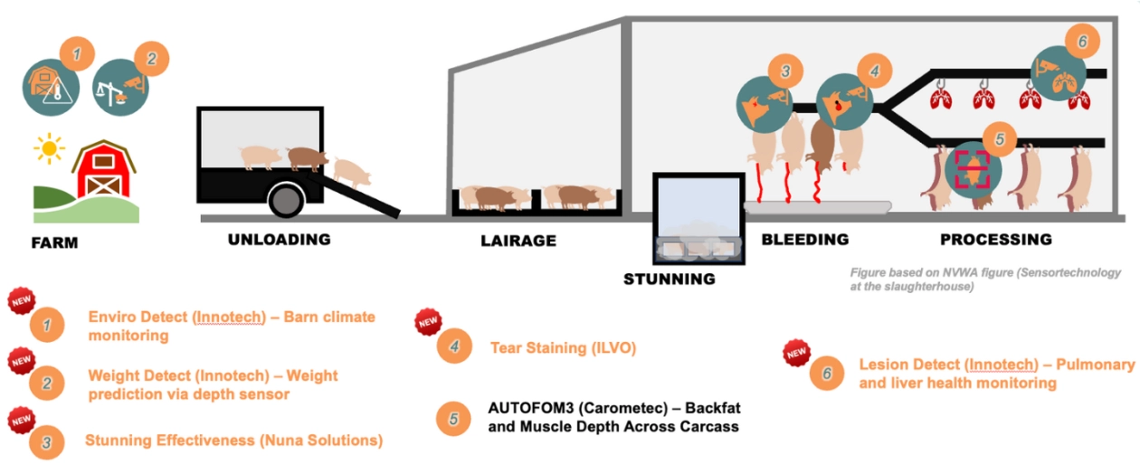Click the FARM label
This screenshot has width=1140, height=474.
coord(54,242)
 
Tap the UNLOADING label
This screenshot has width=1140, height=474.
coord(279,240)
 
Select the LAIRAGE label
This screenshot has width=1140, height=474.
coord(518,241)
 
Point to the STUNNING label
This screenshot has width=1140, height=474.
coord(670,280)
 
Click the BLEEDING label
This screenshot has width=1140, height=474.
coord(805,240)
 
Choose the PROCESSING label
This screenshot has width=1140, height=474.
coord(996,240)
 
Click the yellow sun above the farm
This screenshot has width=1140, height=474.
coord(50,148)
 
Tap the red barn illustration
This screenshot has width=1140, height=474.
coord(104,169)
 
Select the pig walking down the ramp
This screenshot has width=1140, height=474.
coord(352,173)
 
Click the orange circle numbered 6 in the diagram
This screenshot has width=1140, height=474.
coord(1082,42)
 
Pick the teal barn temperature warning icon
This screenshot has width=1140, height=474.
coord(51,87)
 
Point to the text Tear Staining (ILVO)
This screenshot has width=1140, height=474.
coord(563,348)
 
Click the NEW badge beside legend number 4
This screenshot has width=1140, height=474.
coord(428,322)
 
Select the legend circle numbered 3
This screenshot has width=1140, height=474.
coord(46,442)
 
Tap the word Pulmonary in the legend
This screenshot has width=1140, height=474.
coord(1095,365)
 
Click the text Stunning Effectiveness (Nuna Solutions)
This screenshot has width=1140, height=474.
coord(233,441)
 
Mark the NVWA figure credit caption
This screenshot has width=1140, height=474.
coord(985,280)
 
